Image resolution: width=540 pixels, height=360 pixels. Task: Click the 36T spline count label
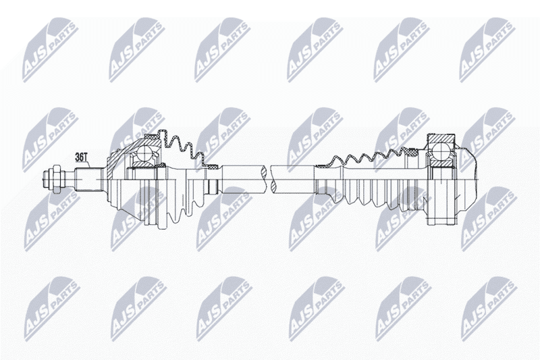pyautogui.click(x=82, y=157)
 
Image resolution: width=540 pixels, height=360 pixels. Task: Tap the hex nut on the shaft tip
pyautogui.click(x=57, y=179)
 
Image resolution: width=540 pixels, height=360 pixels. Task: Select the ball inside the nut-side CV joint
pyautogui.click(x=145, y=153)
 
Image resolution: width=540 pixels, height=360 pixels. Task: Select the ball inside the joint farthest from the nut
pyautogui.click(x=441, y=151)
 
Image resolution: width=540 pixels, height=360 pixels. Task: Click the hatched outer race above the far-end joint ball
pyautogui.click(x=441, y=138)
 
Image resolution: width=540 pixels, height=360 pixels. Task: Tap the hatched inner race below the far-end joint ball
pyautogui.click(x=441, y=163)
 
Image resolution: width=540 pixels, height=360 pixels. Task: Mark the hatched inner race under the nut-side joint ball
pyautogui.click(x=144, y=165)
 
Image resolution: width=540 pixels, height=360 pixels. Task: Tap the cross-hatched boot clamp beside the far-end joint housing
pyautogui.click(x=412, y=151)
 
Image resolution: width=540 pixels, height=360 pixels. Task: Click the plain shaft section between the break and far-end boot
pyautogui.click(x=293, y=179)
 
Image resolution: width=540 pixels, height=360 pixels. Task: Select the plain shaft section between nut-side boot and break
pyautogui.click(x=244, y=179)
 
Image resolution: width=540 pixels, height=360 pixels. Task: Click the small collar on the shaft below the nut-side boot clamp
pyautogui.click(x=213, y=186)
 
